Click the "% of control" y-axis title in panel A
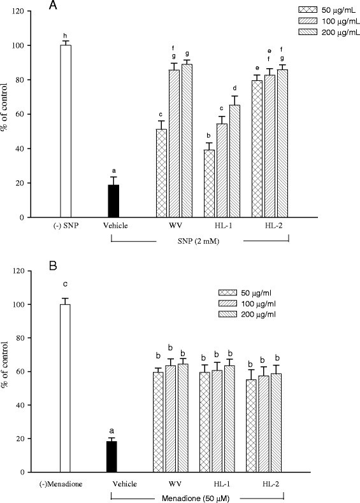pos(8,115)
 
